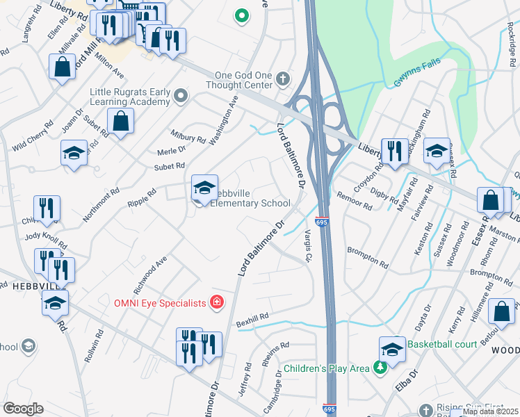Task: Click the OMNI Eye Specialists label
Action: pos(161,302)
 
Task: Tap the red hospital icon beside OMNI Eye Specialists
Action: pos(217,302)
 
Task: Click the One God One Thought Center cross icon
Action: pos(282,79)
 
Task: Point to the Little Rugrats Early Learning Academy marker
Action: pos(181,96)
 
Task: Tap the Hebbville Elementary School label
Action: pos(250,197)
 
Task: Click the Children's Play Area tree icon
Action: pos(380,367)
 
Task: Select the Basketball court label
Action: pos(443,344)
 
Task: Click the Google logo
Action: pos(23,409)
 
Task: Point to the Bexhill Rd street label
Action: pos(252,318)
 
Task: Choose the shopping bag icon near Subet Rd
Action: pos(121,121)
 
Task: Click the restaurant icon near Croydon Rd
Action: pos(394,151)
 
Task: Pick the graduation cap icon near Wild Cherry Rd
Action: pos(74,153)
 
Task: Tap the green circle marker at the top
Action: pos(241,15)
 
